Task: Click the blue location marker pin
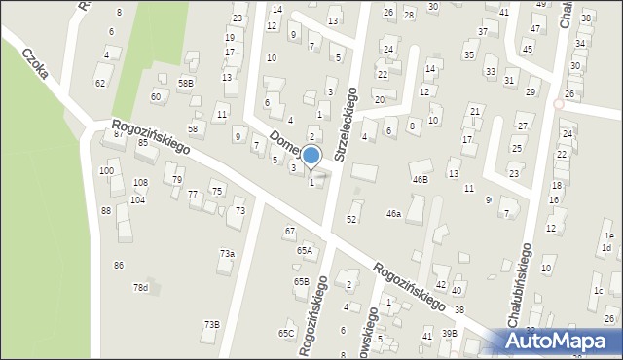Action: click(311, 156)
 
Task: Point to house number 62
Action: click(100, 83)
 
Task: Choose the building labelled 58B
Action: click(185, 84)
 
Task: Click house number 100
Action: click(106, 171)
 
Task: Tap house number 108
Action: click(140, 183)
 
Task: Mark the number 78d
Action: click(141, 287)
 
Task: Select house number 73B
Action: click(211, 324)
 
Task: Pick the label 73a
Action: click(227, 253)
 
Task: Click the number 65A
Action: click(305, 250)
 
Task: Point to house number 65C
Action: click(286, 333)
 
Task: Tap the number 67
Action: click(289, 231)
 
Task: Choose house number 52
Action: click(351, 219)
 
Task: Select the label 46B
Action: click(420, 179)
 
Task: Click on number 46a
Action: click(393, 213)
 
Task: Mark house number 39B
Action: click(449, 333)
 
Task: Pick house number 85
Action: click(142, 143)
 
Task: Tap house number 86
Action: click(119, 265)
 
